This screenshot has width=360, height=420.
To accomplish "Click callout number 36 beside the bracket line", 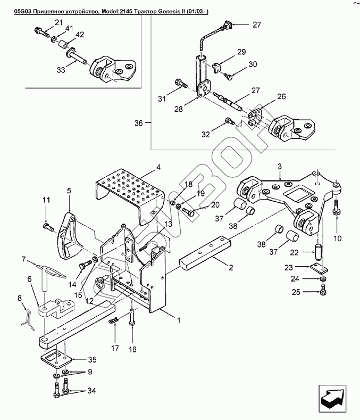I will click(139, 123).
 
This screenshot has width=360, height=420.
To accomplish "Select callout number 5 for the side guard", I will click(69, 189).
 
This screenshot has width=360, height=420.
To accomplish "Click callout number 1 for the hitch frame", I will click(179, 320).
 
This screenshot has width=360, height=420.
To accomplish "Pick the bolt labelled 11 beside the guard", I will click(48, 227).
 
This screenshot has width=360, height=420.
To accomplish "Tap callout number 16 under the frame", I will click(132, 349).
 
